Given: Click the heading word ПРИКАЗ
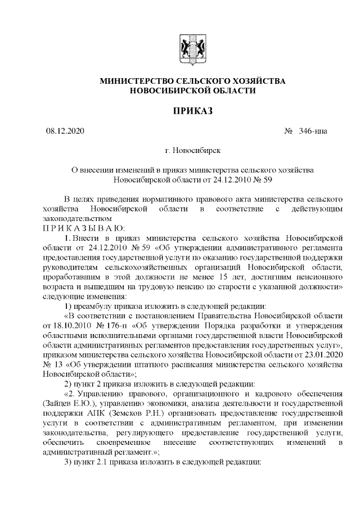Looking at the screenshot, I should pos(193,111).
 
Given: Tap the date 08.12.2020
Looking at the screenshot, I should pos(65,132).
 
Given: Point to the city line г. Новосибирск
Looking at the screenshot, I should pos(193,151).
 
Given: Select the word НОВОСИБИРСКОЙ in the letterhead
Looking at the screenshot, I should pos(164,90).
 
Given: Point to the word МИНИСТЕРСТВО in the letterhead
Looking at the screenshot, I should pos(132,81).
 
